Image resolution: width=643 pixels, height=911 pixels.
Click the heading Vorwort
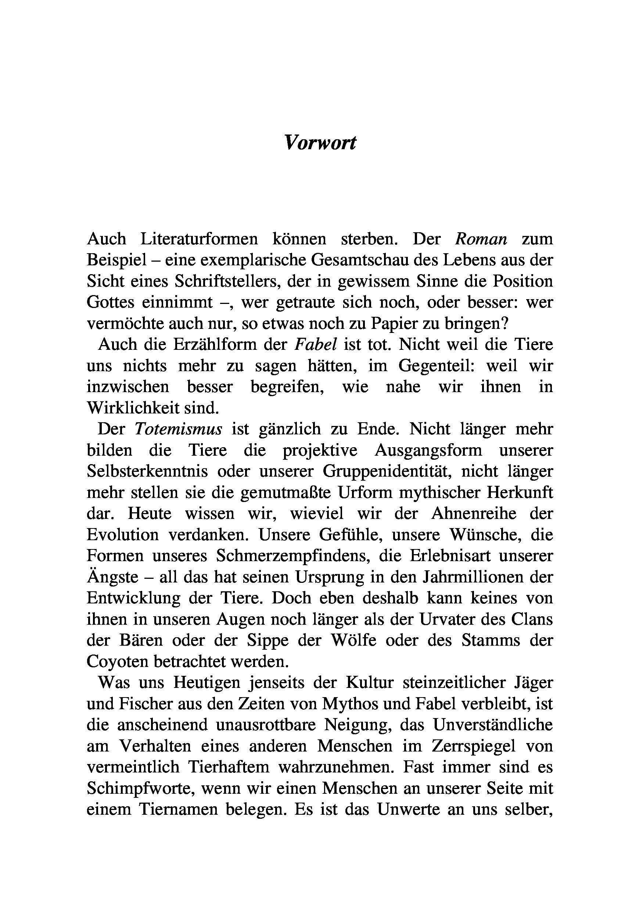click(320, 143)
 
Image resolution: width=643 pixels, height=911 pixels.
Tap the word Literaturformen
click(199, 239)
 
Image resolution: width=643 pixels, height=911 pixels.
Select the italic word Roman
click(481, 239)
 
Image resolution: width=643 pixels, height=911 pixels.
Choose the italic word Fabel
click(315, 344)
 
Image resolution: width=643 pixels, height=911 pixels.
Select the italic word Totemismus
click(178, 429)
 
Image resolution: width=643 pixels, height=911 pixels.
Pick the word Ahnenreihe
click(474, 513)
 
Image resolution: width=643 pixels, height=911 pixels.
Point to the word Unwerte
click(409, 810)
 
